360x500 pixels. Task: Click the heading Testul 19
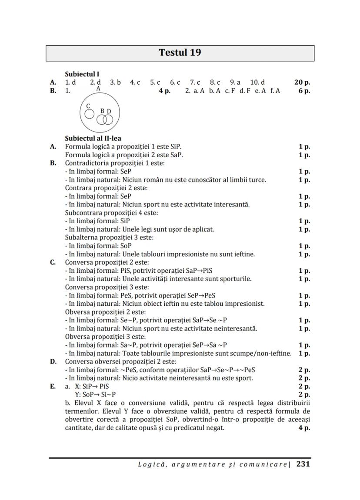coord(180,53)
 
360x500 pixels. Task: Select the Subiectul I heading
coord(82,74)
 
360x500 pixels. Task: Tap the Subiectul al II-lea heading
coord(93,139)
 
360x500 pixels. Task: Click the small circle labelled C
coord(89,114)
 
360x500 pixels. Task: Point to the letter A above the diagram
coord(98,88)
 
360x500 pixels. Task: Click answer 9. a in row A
coord(235,82)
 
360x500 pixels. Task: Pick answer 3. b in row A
coord(115,82)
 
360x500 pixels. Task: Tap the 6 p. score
coord(304,91)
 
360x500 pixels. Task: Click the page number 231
coord(303,464)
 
